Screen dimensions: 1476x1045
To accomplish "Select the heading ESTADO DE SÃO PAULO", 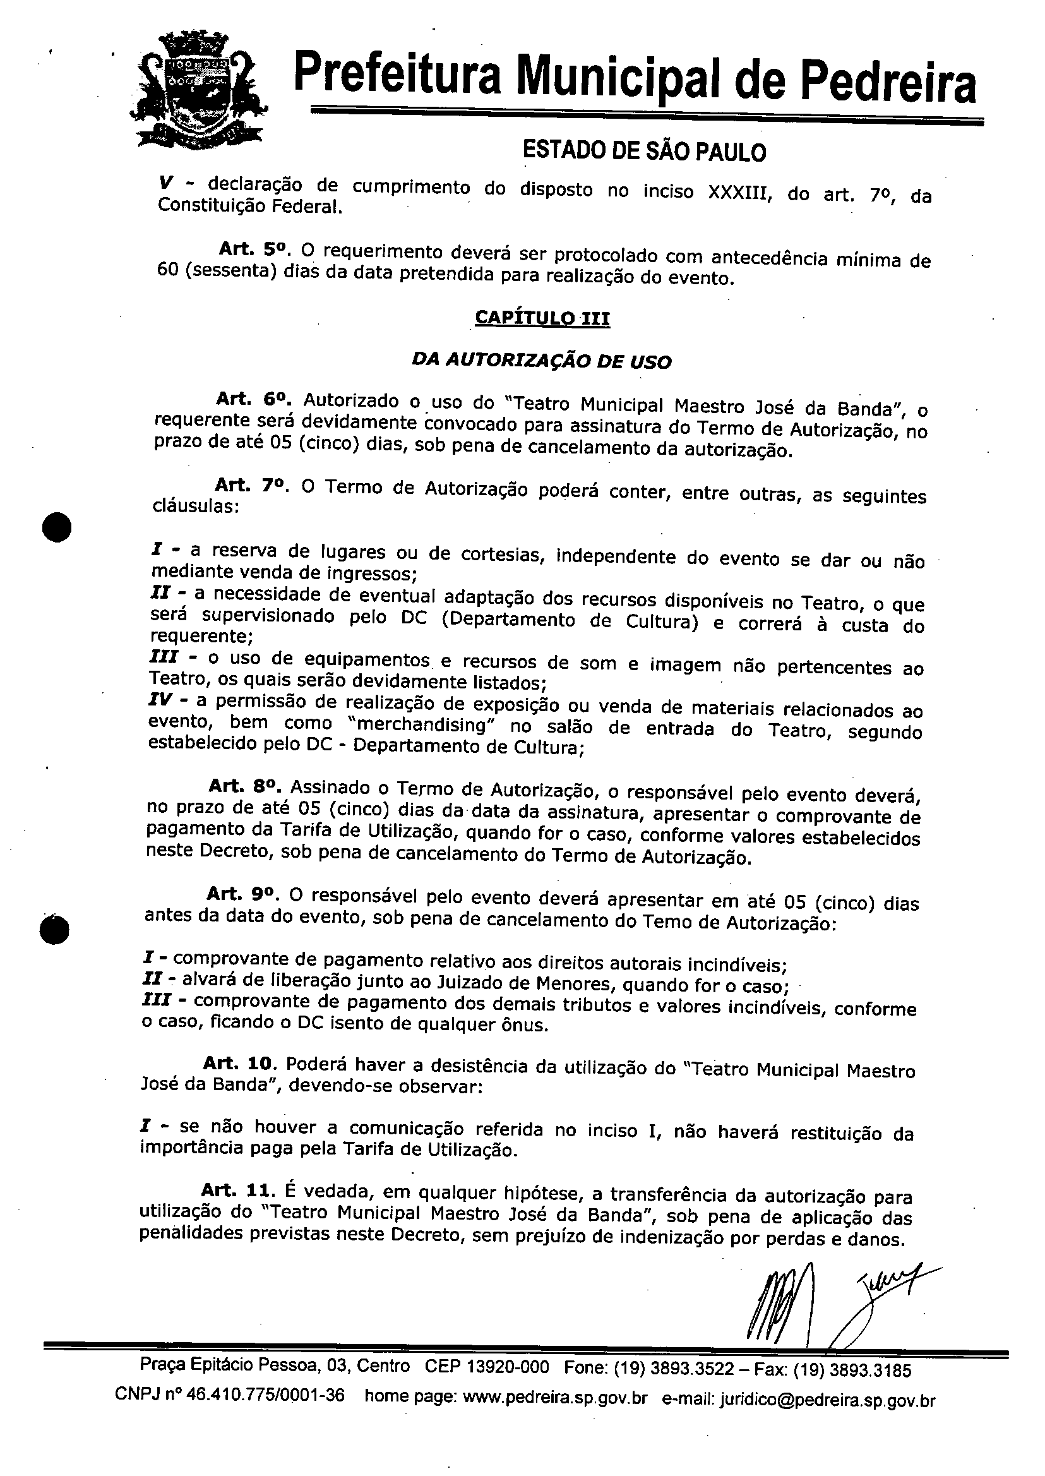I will [643, 152].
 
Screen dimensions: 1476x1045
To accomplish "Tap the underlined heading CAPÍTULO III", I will [542, 318].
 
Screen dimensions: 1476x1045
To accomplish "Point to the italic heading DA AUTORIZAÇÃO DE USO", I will [542, 361].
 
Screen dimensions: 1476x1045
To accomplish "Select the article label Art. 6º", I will [254, 400].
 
